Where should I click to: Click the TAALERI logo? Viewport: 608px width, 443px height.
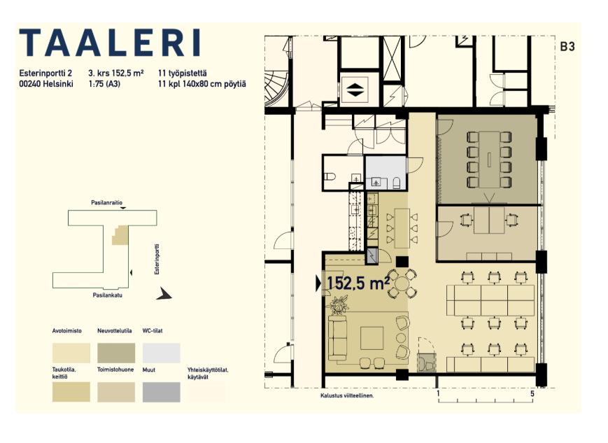[x=110, y=42]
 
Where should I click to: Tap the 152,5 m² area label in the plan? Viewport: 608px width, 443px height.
[x=358, y=283]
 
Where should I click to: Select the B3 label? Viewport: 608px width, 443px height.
[x=567, y=47]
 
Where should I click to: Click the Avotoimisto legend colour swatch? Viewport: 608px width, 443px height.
[x=71, y=353]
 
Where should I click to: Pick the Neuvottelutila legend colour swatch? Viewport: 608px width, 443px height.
[x=116, y=353]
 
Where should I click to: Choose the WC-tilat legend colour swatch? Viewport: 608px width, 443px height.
[x=162, y=353]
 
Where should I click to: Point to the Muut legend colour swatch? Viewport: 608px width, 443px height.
[x=162, y=392]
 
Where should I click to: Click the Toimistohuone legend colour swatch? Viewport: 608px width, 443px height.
[x=116, y=392]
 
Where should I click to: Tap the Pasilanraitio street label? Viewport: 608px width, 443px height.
[x=106, y=202]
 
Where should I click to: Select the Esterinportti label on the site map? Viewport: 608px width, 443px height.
[x=157, y=259]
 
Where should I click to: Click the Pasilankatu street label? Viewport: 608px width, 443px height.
[x=108, y=295]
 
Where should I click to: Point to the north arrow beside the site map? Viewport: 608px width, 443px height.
[x=164, y=294]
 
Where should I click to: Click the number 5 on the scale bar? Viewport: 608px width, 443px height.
[x=532, y=394]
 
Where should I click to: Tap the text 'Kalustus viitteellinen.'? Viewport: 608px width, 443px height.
[x=347, y=396]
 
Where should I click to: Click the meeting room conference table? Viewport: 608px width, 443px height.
[x=489, y=160]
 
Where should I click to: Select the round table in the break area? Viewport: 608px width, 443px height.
[x=402, y=283]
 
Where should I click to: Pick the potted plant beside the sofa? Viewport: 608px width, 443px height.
[x=339, y=304]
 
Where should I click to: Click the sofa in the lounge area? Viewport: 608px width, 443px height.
[x=337, y=338]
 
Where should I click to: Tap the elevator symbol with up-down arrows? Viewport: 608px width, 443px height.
[x=355, y=90]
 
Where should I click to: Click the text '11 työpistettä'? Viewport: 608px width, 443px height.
[x=182, y=73]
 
